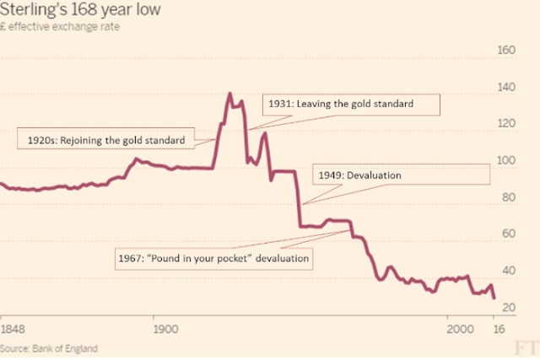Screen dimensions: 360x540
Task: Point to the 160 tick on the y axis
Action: coord(505,50)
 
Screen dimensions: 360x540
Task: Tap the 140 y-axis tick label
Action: coord(505,87)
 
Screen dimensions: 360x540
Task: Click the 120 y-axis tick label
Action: coord(505,124)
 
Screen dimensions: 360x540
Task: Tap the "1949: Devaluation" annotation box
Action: coord(401,175)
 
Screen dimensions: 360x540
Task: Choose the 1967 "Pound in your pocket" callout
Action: coord(213,256)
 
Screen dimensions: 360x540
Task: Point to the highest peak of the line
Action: coord(229,94)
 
